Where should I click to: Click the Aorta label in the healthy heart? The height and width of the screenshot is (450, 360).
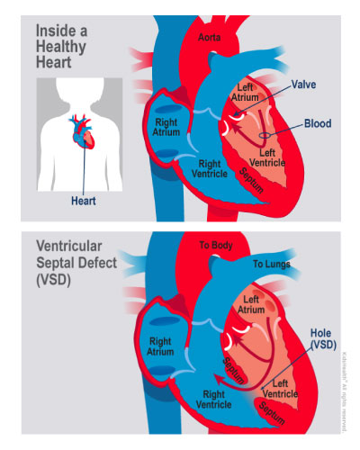[209, 37]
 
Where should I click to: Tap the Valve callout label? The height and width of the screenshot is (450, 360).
[303, 85]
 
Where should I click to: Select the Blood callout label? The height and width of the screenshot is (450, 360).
[318, 123]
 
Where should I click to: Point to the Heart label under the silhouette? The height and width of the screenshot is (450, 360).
[84, 201]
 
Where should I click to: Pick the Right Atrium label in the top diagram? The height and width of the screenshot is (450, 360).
[166, 127]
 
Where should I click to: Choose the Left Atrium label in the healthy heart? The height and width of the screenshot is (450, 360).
[245, 93]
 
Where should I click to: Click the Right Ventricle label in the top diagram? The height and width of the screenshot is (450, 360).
[210, 168]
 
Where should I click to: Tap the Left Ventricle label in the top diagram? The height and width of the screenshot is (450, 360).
[267, 157]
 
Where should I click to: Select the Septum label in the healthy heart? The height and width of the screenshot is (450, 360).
[251, 180]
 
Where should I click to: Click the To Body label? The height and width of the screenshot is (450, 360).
[216, 245]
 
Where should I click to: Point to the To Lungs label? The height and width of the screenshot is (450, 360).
[272, 264]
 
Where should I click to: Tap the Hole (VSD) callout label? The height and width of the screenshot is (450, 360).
[322, 338]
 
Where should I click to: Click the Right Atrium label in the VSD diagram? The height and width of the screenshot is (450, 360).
[160, 346]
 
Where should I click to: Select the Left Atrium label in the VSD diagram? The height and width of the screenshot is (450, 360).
[251, 304]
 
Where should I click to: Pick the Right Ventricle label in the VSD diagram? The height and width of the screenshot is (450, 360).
[213, 400]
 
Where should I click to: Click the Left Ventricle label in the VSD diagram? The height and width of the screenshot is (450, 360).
[280, 388]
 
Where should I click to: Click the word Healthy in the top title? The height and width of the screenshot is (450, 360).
[61, 47]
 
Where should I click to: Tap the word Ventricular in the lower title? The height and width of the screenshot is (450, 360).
[69, 246]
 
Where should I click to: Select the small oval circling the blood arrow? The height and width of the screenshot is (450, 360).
[265, 136]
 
